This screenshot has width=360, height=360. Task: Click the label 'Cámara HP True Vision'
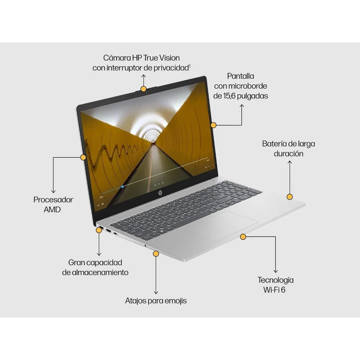(x=141, y=58)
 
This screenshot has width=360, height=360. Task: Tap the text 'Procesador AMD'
(x=53, y=204)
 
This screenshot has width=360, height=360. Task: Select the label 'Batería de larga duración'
(x=289, y=149)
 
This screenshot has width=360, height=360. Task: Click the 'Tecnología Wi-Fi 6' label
(x=275, y=285)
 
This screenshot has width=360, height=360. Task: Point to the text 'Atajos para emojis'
(x=156, y=301)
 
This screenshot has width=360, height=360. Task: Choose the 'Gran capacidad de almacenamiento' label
(x=95, y=267)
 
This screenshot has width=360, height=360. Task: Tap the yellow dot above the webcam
(x=144, y=89)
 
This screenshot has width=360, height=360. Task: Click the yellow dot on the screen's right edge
(x=213, y=125)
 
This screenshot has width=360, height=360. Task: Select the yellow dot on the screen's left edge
(x=84, y=157)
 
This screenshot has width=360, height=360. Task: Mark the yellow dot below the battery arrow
(x=290, y=197)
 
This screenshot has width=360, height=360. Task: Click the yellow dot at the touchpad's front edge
(x=243, y=237)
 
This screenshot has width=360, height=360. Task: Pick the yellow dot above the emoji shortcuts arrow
(x=156, y=254)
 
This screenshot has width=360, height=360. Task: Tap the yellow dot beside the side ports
(x=99, y=230)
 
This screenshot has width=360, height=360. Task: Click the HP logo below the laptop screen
(x=160, y=193)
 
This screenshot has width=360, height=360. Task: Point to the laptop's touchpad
(x=221, y=226)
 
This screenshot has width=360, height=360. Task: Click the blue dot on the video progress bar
(x=122, y=186)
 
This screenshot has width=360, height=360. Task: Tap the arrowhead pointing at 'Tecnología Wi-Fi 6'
(x=275, y=271)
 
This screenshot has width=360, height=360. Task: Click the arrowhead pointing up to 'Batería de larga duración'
(x=290, y=162)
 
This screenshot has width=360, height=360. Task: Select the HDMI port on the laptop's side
(x=108, y=230)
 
